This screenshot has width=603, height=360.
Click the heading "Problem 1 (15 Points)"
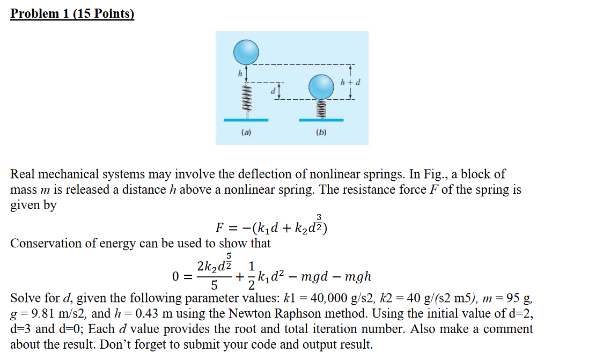[x=72, y=13]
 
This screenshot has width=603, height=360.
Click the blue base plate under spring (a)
[x=246, y=119]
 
